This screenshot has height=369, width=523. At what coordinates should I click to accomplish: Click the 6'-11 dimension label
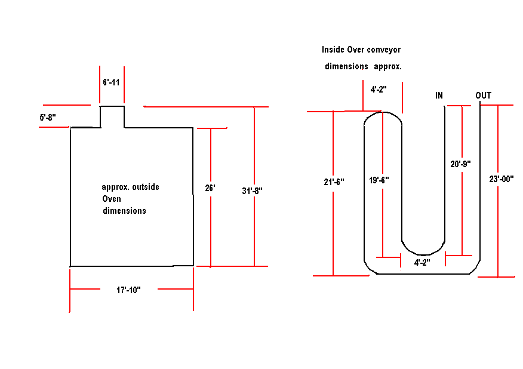point(111,82)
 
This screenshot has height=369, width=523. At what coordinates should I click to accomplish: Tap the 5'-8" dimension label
point(48,118)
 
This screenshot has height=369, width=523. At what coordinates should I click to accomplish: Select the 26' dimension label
point(210,188)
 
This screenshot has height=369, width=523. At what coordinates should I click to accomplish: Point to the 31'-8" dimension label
point(252,191)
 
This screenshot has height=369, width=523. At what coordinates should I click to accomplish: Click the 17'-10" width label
point(128,290)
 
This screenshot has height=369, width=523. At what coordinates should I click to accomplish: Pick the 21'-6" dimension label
point(334,182)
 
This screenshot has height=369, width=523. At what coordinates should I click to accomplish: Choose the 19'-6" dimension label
point(379,180)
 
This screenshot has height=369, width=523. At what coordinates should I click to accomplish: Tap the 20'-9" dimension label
point(461,164)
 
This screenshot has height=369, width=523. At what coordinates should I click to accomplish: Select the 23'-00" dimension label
point(502,179)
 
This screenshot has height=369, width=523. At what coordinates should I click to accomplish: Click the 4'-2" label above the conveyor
point(379,90)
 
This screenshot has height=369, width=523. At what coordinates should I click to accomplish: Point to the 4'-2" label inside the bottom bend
point(422,263)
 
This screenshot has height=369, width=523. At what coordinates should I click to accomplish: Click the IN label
point(439,96)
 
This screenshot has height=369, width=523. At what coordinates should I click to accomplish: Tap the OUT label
point(484,96)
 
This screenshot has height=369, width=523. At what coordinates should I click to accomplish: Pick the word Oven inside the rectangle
point(112,199)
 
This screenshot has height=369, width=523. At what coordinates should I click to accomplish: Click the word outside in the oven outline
point(146,187)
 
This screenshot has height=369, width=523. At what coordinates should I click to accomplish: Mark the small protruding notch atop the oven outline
point(112,106)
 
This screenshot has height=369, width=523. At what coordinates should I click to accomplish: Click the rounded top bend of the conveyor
point(383,112)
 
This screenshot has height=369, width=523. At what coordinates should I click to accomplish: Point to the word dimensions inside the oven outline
point(124,211)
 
